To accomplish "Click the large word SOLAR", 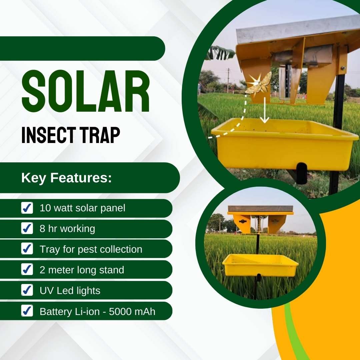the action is [x=86, y=91].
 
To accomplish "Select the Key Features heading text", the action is [x=66, y=178].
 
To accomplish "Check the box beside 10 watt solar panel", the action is [x=27, y=208].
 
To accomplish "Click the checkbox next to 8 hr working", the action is [x=27, y=228].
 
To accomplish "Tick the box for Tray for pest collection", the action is [x=27, y=249].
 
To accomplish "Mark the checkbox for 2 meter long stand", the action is [x=27, y=269].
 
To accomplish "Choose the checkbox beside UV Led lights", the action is [x=27, y=290].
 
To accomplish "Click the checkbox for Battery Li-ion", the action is [x=27, y=311].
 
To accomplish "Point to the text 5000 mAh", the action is [x=132, y=312].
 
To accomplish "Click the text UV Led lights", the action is [x=70, y=291].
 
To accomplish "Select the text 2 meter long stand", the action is [x=82, y=270].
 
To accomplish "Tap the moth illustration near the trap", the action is [x=259, y=83].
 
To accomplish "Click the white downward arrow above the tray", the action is [x=265, y=110].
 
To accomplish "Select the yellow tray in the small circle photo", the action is [x=260, y=265].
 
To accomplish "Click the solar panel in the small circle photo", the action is [x=260, y=209].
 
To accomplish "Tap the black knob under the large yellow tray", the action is [x=302, y=173].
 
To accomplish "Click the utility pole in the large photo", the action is [x=228, y=80].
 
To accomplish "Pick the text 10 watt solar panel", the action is [x=82, y=208].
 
